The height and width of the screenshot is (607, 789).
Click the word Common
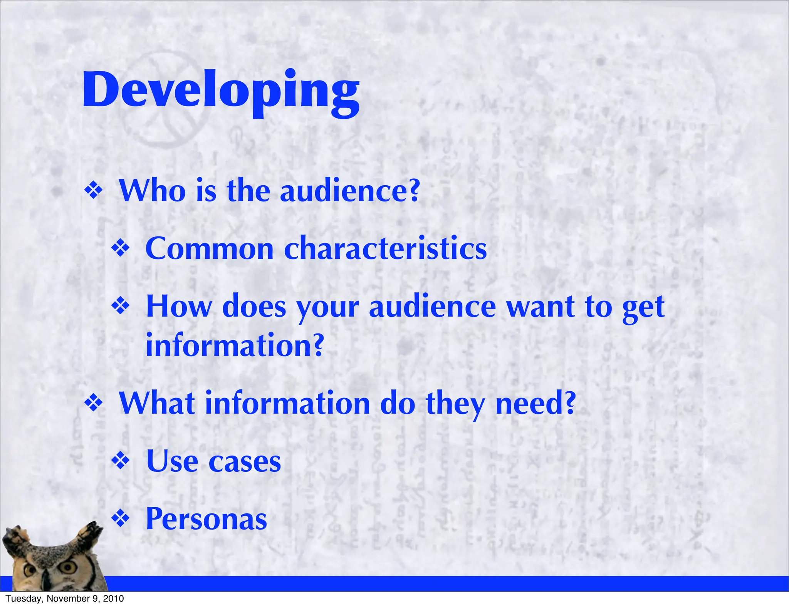(209, 249)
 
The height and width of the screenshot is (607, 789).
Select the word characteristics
(385, 249)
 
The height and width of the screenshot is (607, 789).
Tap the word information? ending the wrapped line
(235, 345)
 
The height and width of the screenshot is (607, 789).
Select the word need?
(535, 403)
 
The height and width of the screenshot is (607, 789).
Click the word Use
(172, 461)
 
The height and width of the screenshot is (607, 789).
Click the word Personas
(206, 519)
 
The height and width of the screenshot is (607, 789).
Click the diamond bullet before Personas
(121, 519)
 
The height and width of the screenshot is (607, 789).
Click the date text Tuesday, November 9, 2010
(65, 599)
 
